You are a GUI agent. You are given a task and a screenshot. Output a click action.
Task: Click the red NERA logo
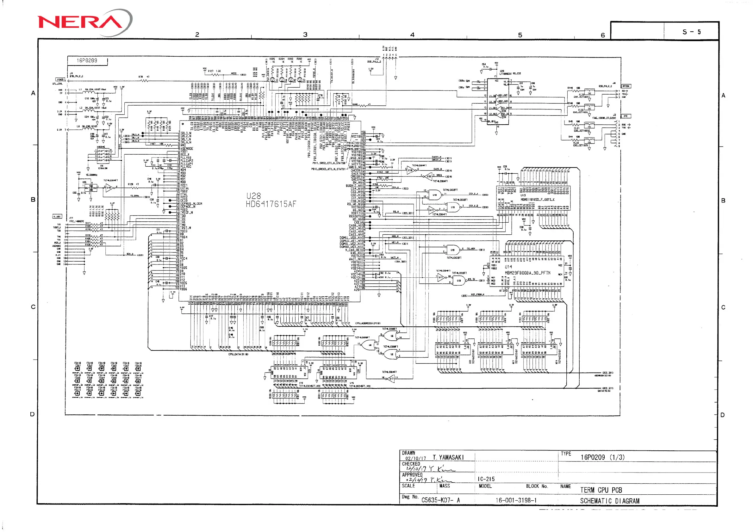point(80,22)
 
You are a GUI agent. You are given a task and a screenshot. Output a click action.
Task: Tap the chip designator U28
point(253,196)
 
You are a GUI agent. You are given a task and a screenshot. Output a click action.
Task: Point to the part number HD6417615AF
point(271,204)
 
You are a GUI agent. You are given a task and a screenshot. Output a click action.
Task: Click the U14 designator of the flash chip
point(508,267)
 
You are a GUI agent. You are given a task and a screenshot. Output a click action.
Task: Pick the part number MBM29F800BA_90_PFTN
point(527,273)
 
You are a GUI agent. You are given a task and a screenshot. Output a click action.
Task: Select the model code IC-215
point(486,479)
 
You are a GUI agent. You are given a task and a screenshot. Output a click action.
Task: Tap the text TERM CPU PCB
point(601,490)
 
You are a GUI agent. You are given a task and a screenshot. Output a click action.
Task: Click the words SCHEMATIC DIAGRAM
point(609,501)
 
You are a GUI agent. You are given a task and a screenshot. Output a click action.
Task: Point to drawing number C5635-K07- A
point(440,500)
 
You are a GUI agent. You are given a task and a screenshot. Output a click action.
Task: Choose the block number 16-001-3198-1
point(516,500)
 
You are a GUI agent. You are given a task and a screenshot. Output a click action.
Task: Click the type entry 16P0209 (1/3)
point(602,457)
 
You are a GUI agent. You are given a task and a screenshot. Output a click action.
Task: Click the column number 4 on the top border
point(412,35)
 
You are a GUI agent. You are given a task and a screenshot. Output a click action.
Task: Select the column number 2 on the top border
point(197,34)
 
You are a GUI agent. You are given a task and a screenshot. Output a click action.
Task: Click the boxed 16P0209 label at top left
point(87,61)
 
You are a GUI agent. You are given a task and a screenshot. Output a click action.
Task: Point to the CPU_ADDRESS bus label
point(368,323)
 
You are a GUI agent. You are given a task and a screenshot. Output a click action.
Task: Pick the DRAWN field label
point(408,453)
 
